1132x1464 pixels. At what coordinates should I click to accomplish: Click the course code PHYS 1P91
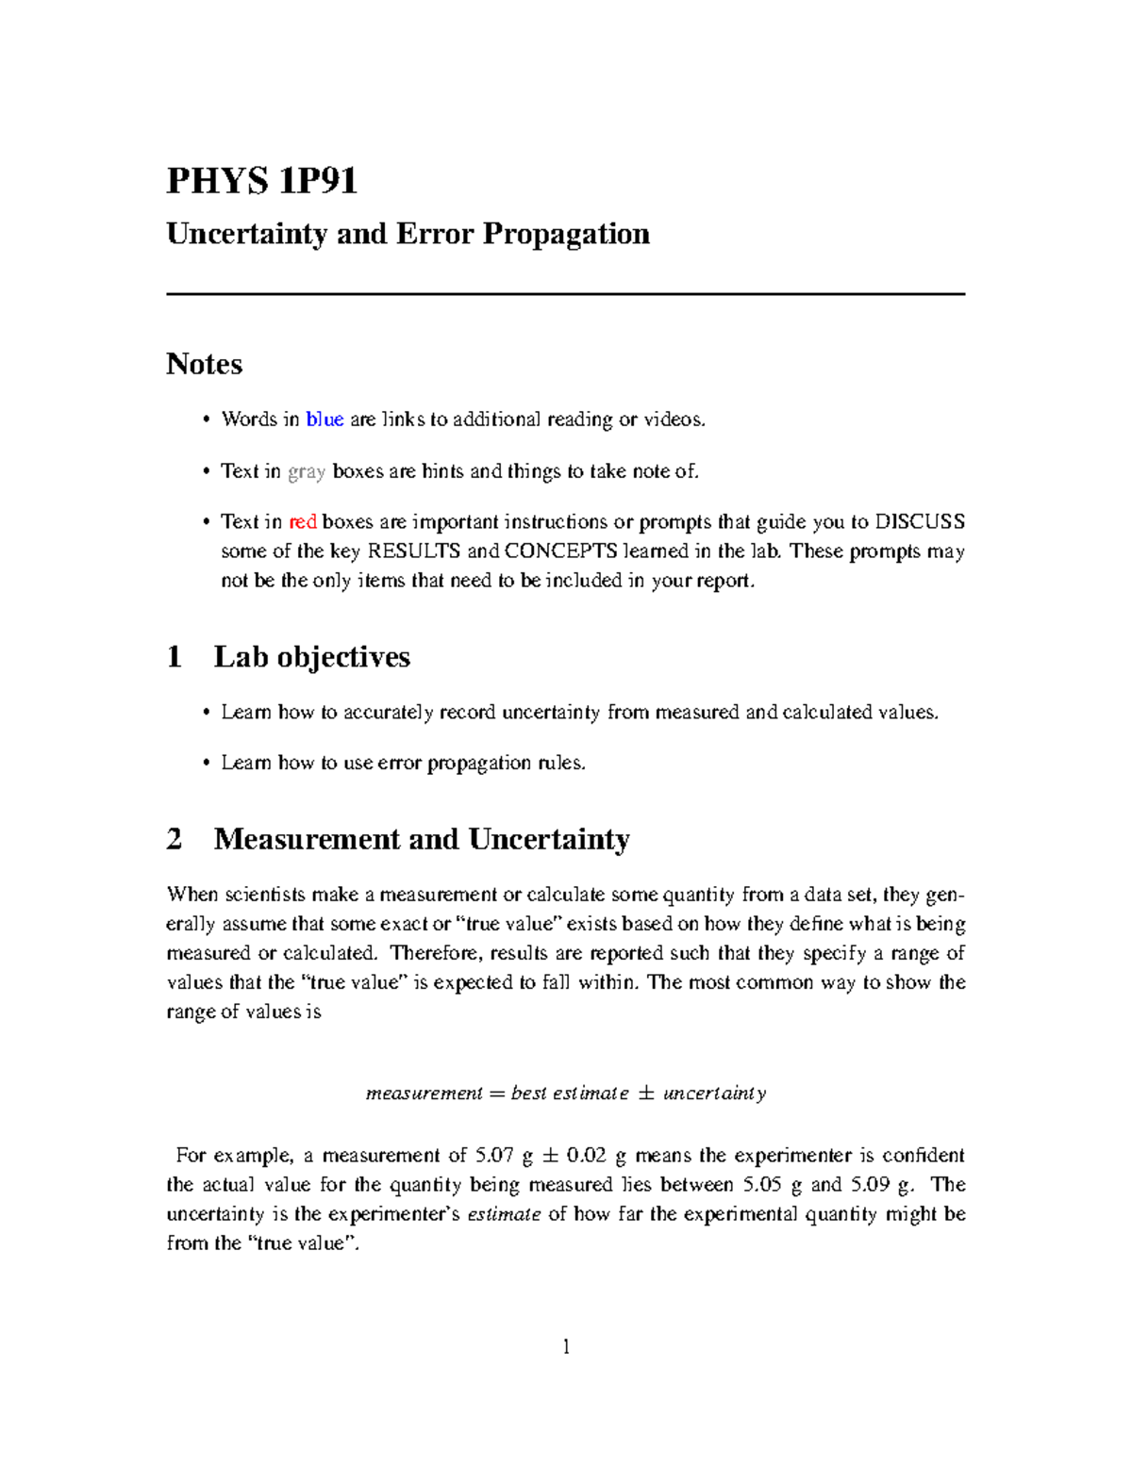[x=261, y=180]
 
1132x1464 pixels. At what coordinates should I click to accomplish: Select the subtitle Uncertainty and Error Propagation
[x=408, y=234]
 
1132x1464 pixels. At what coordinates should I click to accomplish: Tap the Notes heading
[x=204, y=364]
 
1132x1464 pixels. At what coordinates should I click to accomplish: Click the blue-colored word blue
[x=325, y=419]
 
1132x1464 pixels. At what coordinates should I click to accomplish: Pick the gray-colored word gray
[x=307, y=471]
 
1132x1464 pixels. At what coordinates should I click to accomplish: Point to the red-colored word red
[x=302, y=522]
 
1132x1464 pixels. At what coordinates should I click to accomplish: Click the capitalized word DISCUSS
[x=920, y=522]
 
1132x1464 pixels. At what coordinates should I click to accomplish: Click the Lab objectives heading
[x=311, y=657]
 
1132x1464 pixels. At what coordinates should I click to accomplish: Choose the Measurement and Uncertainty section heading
[x=422, y=839]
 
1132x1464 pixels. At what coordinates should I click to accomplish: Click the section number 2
[x=175, y=839]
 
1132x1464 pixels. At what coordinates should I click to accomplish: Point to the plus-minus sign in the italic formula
[x=646, y=1094]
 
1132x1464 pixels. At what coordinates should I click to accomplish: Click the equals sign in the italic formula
[x=497, y=1094]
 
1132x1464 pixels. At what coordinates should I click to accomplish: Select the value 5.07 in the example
[x=494, y=1156]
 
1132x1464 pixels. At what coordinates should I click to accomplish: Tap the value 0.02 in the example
[x=586, y=1156]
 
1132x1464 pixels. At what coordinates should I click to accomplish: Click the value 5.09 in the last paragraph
[x=870, y=1185]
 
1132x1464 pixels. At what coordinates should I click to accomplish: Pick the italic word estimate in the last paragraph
[x=504, y=1214]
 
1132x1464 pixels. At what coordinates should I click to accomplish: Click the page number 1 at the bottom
[x=566, y=1346]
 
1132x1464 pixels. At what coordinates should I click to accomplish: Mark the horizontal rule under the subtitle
[x=566, y=294]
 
